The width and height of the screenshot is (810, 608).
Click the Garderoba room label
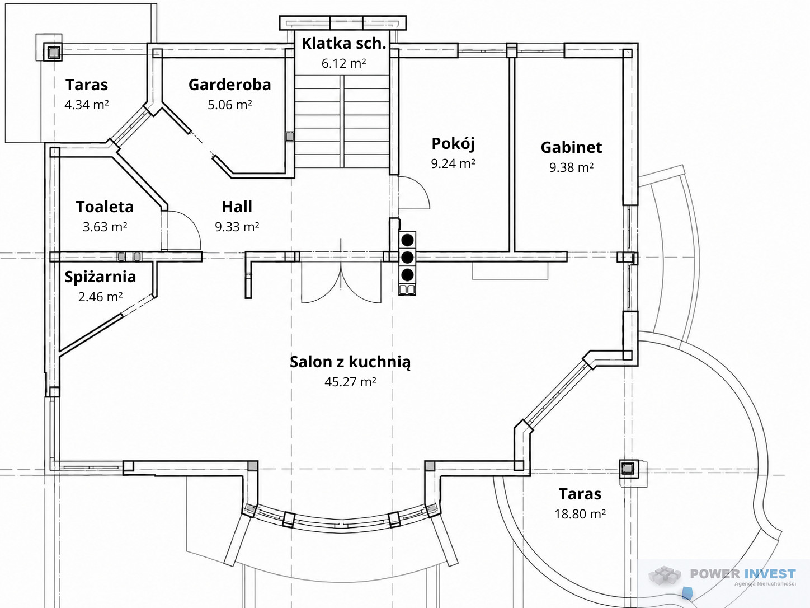pos(229,85)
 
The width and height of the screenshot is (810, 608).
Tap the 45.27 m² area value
pos(350,381)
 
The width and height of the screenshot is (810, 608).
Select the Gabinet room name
pos(571,148)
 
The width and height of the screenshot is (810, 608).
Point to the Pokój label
pos(453,143)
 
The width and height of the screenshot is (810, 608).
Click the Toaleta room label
pos(105,207)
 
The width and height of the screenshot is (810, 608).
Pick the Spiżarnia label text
pos(100,277)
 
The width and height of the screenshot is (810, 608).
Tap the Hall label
pos(237,207)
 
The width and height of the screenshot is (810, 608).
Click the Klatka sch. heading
pos(343,44)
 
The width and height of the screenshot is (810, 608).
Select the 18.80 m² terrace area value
pos(580,514)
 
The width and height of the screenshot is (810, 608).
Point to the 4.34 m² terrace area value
pos(86,105)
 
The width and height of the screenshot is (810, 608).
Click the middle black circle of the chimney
pos(407,258)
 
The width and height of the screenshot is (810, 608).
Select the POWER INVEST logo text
pos(743,574)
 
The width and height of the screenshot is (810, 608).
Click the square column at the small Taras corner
pos(54,52)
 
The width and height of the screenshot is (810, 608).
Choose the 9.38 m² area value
pos(571,167)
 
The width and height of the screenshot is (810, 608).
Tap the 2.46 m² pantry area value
pos(100,297)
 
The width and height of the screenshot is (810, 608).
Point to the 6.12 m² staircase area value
pos(343,63)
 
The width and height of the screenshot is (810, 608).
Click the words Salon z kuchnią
pos(350,362)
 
